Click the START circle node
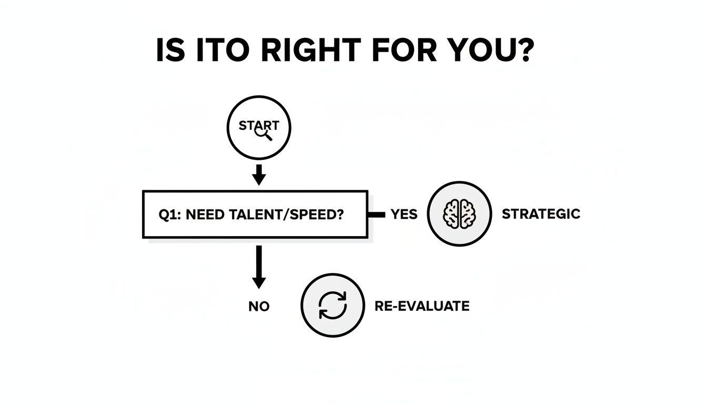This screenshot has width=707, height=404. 258,128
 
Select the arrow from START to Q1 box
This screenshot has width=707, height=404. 258,174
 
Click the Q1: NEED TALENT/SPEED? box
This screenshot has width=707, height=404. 255,215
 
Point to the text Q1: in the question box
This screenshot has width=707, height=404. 169,215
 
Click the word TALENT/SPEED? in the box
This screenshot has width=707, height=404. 297,215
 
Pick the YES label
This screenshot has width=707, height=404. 404,214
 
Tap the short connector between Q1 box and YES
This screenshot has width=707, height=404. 377,214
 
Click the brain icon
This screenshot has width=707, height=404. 459,214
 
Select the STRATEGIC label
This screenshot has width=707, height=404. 541,214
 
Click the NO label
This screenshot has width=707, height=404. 259,306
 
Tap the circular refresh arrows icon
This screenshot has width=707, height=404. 332,305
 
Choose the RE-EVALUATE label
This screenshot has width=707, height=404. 422,306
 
